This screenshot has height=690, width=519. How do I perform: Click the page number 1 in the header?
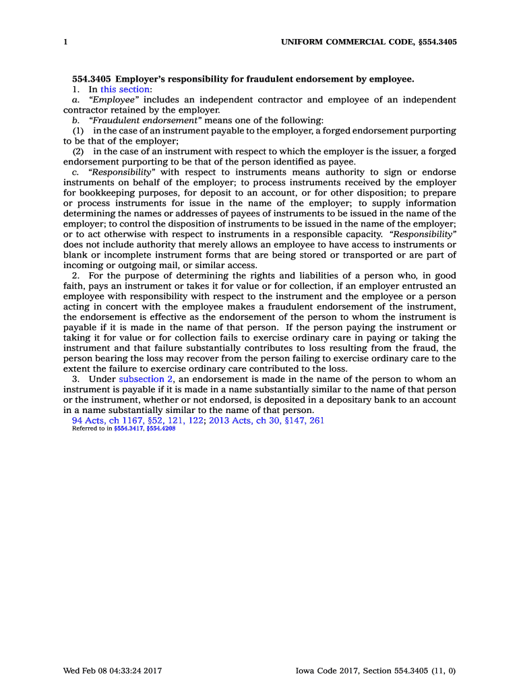pos(65,42)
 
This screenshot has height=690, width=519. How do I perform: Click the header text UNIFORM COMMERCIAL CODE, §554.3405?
pos(369,42)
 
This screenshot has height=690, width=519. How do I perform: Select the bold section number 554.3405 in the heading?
pos(92,79)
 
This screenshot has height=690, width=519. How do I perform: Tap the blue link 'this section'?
pos(125,89)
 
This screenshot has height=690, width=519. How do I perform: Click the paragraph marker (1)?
pos(78,130)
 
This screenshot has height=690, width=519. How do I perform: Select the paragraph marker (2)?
pos(78,151)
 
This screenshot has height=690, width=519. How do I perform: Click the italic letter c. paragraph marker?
pos(75,172)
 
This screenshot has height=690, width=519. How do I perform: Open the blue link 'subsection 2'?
pos(146,379)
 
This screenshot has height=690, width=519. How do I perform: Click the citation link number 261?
pos(317,420)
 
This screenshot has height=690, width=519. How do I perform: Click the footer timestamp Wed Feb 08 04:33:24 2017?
pos(113,670)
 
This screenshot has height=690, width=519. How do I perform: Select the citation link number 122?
pos(195,420)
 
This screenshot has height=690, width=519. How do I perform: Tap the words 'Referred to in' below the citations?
pos(92,429)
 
